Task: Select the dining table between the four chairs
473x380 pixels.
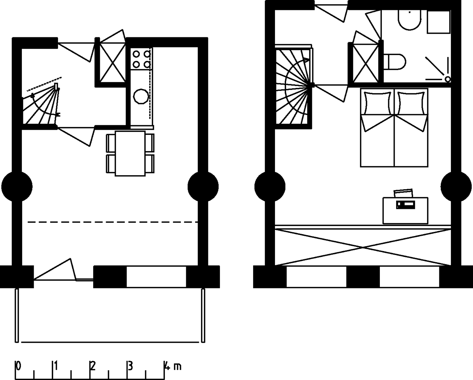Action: pyautogui.click(x=130, y=153)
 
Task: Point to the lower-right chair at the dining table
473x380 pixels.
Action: pyautogui.click(x=149, y=164)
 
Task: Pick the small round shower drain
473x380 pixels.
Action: pyautogui.click(x=448, y=79)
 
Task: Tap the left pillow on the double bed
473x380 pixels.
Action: pyautogui.click(x=377, y=102)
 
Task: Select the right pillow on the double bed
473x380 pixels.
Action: pyautogui.click(x=410, y=102)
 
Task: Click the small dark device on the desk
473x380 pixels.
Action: pyautogui.click(x=405, y=204)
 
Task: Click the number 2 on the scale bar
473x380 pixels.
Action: pyautogui.click(x=92, y=366)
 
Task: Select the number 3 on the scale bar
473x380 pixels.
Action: pyautogui.click(x=130, y=366)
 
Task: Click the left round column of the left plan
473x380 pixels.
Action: pyautogui.click(x=17, y=186)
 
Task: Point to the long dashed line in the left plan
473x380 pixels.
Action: pyautogui.click(x=113, y=222)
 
